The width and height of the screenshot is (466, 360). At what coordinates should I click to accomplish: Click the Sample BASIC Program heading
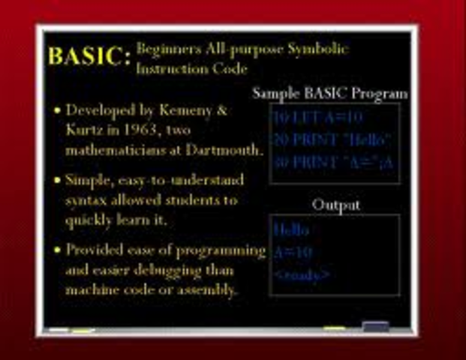click(330, 94)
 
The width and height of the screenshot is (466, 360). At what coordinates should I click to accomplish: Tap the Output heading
click(335, 204)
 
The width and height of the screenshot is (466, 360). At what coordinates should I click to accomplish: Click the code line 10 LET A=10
click(308, 118)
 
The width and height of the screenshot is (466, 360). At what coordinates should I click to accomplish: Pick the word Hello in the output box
click(291, 230)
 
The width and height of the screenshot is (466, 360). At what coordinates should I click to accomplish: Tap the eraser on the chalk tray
click(375, 326)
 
